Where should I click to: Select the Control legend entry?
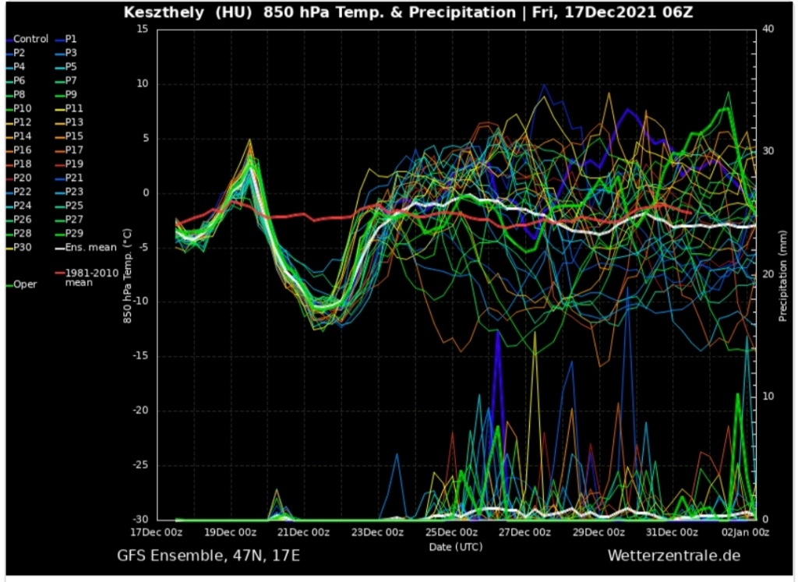(x=30, y=39)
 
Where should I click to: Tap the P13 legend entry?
(x=74, y=122)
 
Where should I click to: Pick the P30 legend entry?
(x=23, y=247)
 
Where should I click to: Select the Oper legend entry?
(x=25, y=284)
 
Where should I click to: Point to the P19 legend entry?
(x=74, y=164)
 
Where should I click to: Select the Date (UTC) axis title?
(x=456, y=547)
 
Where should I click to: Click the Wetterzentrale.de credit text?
(x=673, y=556)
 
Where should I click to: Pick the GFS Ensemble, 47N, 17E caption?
(x=208, y=556)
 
